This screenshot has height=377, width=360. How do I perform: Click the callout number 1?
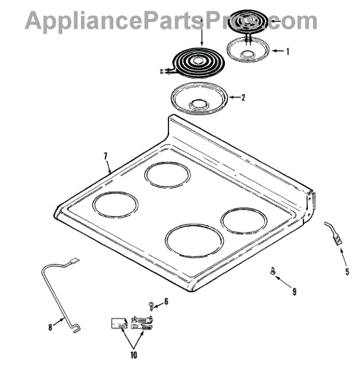(x=287, y=52)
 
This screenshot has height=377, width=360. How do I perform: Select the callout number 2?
(x=243, y=97)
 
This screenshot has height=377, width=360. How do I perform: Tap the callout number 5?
(x=347, y=271)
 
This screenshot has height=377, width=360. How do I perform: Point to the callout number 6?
(x=166, y=301)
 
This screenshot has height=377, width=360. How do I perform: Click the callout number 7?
(x=106, y=156)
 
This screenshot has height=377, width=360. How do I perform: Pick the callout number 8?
(x=50, y=327)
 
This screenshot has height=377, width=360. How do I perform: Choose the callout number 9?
(x=294, y=292)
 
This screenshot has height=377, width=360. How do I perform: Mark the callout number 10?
(x=134, y=355)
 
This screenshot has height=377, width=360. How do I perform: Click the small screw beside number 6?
(x=151, y=306)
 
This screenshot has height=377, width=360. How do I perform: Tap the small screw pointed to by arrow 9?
(x=273, y=271)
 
